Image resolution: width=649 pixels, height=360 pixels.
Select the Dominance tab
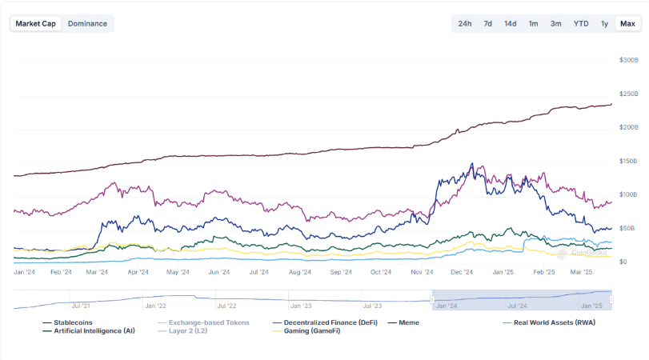click(87, 23)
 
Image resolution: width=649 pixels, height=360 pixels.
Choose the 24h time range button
click(465, 23)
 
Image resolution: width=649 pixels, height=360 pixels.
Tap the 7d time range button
click(487, 23)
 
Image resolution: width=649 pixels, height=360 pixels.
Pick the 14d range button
click(510, 23)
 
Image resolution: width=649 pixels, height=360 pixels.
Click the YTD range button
click(581, 23)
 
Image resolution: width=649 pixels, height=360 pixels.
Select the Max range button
click(627, 23)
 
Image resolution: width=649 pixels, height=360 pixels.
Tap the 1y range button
click(605, 23)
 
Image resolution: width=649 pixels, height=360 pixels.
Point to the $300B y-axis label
click(628, 60)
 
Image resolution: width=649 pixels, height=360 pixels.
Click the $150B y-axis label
click(628, 161)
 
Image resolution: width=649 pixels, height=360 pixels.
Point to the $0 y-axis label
click(623, 262)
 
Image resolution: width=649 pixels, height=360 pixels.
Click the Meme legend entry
click(408, 322)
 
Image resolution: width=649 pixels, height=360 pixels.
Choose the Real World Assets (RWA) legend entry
click(554, 322)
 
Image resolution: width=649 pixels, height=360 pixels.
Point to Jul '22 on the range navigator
click(226, 305)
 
